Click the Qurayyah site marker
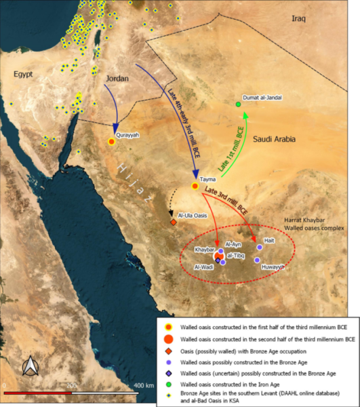pyautogui.click(x=111, y=141)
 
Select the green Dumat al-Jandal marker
pyautogui.click(x=238, y=104)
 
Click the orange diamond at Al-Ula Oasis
pyautogui.click(x=173, y=221)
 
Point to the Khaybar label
pyautogui.click(x=204, y=250)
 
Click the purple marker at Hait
pyautogui.click(x=259, y=248)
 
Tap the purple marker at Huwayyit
pyautogui.click(x=258, y=260)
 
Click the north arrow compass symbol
pyautogui.click(x=29, y=367)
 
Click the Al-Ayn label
pyautogui.click(x=233, y=244)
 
